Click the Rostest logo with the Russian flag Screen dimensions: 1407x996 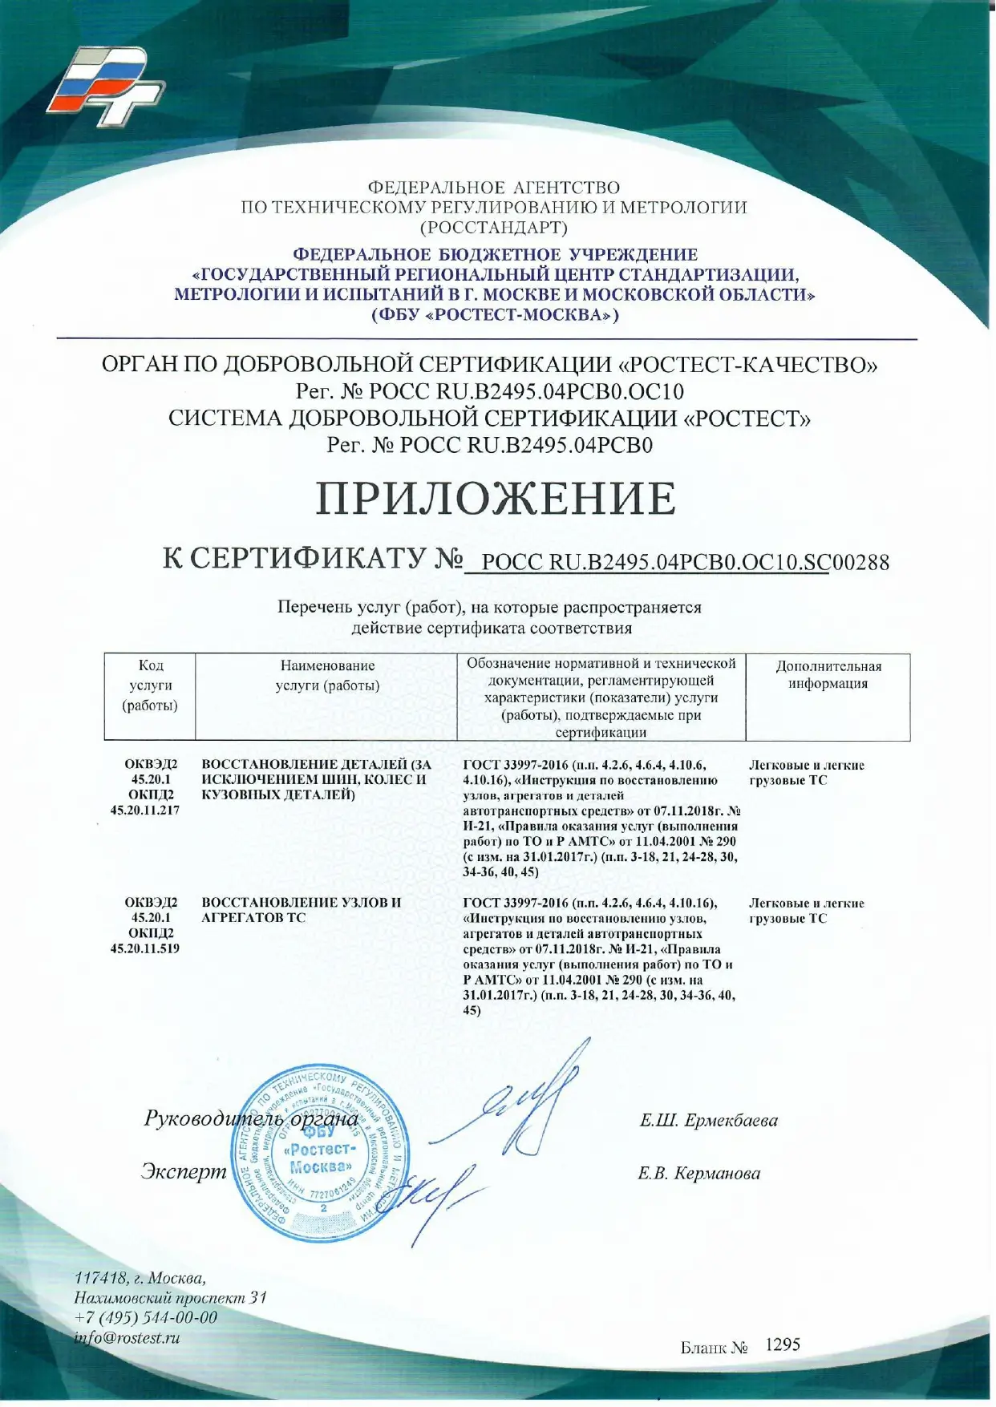point(104,87)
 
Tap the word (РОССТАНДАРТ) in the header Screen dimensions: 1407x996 point(494,228)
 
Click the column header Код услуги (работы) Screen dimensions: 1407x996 point(150,685)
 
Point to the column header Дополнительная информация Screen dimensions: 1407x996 point(828,675)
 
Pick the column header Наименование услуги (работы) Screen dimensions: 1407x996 point(327,675)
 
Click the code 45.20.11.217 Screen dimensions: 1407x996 point(145,811)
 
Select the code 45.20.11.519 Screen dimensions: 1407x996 point(145,948)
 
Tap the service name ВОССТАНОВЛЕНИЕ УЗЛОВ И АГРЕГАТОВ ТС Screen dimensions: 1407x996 point(301,910)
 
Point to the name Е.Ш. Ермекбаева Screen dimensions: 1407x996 point(709,1121)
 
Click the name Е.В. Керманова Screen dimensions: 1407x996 point(699,1174)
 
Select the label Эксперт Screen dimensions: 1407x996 point(184,1171)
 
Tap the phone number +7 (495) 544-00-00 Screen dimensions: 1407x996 point(146,1318)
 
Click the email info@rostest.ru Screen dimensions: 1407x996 point(127,1337)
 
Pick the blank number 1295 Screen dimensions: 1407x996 point(783,1344)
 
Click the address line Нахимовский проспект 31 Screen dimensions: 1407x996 point(170,1298)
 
